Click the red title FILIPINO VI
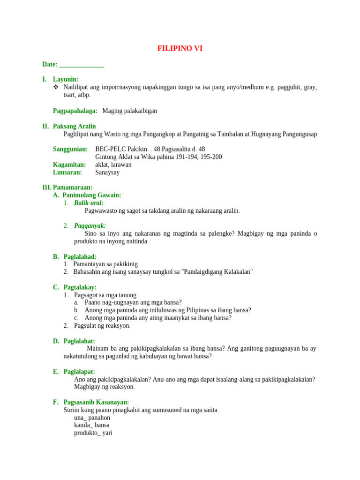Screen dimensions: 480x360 pyautogui.click(x=180, y=48)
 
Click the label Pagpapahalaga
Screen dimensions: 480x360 pyautogui.click(x=75, y=111)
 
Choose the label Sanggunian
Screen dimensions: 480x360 pyautogui.click(x=70, y=149)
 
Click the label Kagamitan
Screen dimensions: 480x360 pyautogui.click(x=69, y=165)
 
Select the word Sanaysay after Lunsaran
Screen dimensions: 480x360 pyautogui.click(x=107, y=172)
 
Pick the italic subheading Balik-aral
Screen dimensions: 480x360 pyautogui.click(x=89, y=203)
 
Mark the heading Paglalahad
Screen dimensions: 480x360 pyautogui.click(x=80, y=256)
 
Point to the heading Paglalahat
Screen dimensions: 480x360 pyautogui.click(x=79, y=341)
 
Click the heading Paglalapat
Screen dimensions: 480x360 pyautogui.click(x=79, y=372)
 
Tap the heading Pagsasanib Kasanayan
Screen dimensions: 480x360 pyautogui.click(x=96, y=402)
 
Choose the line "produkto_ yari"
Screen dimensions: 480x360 pyautogui.click(x=93, y=433)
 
